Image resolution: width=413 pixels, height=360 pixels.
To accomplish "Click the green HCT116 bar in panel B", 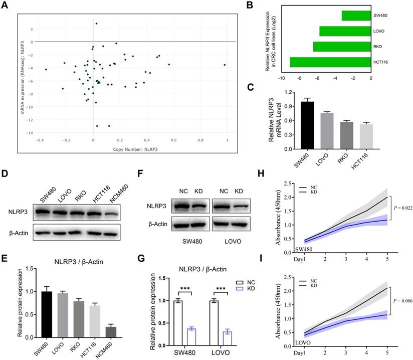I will pyautogui.click(x=330, y=62).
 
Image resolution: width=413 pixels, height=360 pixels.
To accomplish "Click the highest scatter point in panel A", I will pyautogui.click(x=96, y=23).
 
